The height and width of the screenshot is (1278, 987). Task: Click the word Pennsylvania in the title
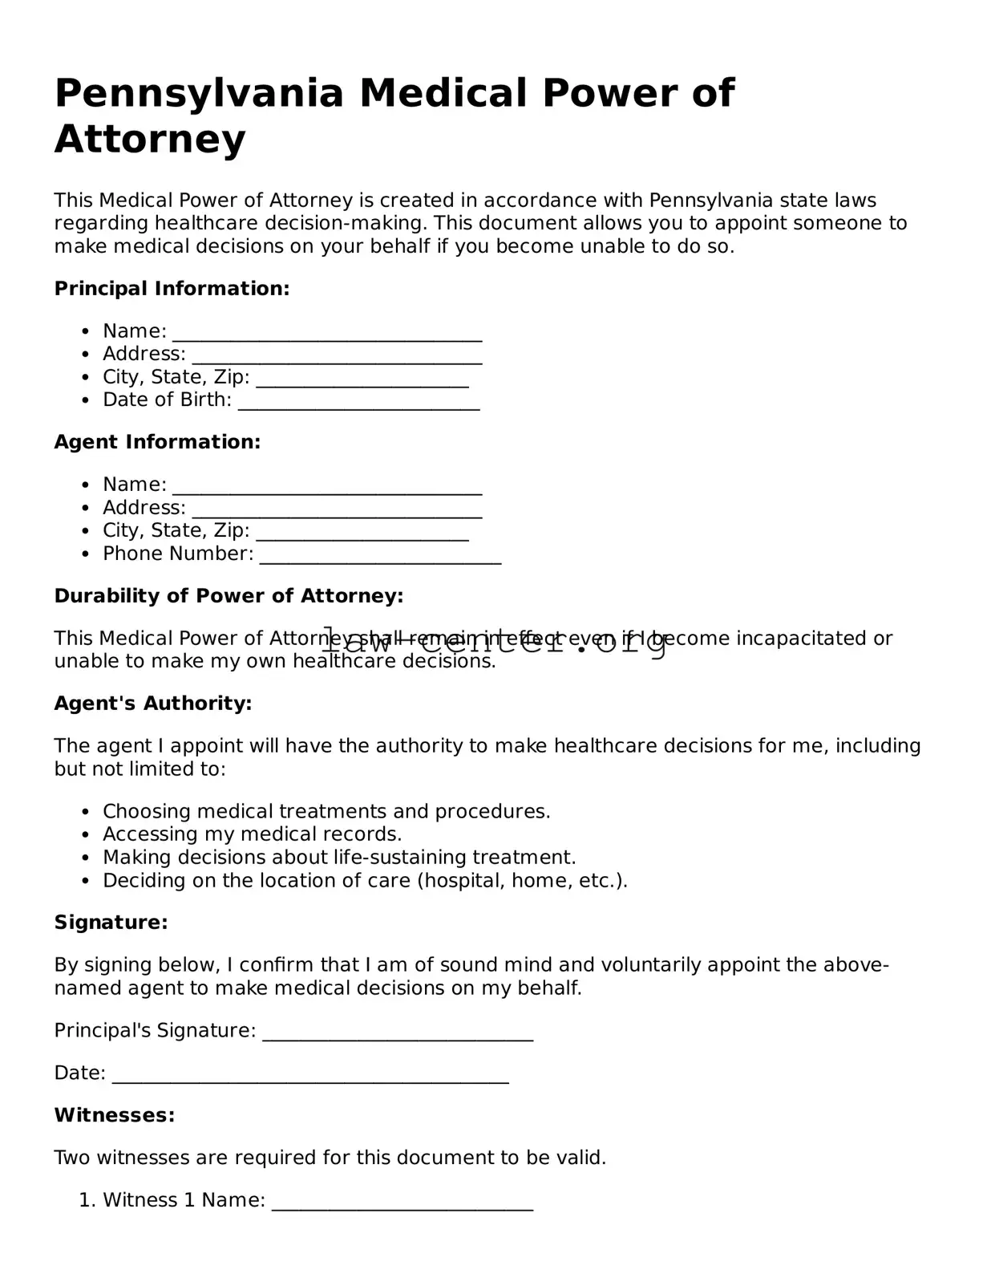click(x=199, y=93)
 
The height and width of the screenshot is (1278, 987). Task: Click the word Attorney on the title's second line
click(x=150, y=139)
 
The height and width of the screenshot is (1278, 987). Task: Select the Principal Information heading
click(x=172, y=289)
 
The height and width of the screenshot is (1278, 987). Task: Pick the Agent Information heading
click(x=157, y=442)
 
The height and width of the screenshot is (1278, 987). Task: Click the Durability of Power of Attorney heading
click(x=229, y=596)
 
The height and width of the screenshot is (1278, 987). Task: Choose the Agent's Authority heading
click(x=153, y=704)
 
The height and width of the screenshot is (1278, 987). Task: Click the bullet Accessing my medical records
click(x=252, y=834)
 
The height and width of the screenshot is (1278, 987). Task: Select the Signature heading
click(x=111, y=923)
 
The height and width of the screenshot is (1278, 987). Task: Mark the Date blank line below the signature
click(x=310, y=1077)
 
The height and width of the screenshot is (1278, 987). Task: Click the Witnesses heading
click(x=114, y=1115)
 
